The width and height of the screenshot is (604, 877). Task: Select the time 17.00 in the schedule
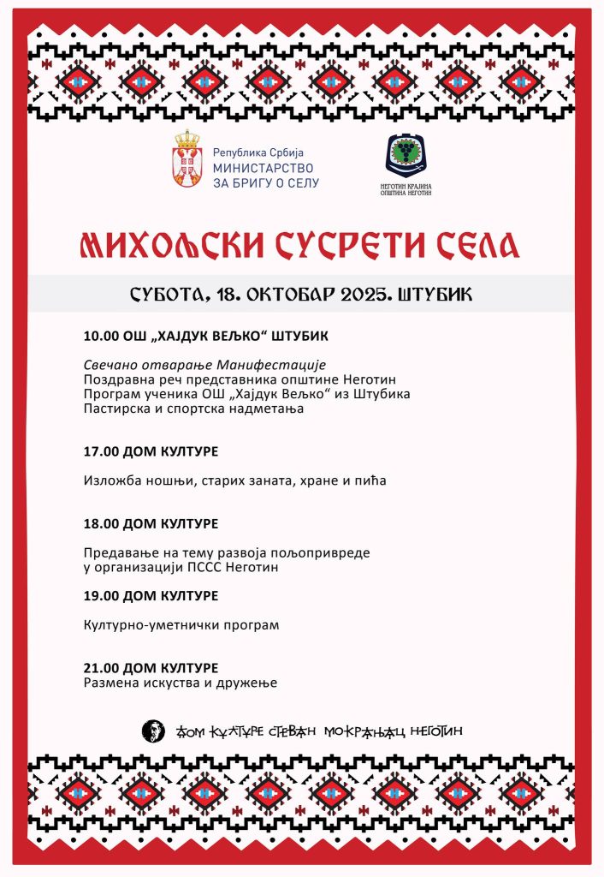(x=101, y=450)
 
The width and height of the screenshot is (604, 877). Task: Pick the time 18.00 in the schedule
(x=101, y=522)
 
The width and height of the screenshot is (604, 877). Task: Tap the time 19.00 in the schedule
(x=101, y=595)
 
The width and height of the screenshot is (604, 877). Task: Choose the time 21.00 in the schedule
(x=101, y=667)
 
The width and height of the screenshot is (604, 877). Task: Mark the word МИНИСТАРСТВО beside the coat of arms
(x=264, y=168)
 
